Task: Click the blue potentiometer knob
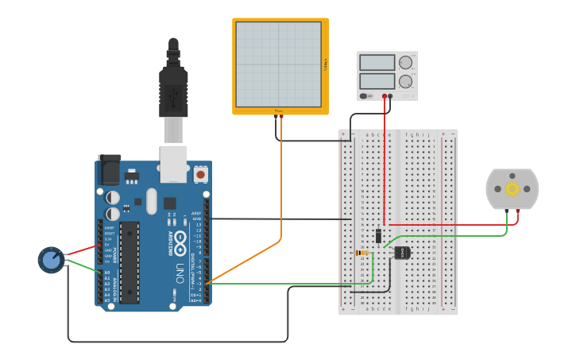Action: coord(51,260)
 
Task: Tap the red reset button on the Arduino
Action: coord(200,173)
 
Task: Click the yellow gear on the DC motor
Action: coord(512,188)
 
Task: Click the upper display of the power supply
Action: coord(377,63)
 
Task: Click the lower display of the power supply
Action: coord(377,81)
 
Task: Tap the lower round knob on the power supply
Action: coord(406,81)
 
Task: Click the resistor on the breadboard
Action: coord(361,253)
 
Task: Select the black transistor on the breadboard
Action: coord(402,252)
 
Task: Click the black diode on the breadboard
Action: coord(379,235)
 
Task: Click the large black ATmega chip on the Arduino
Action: coord(130,262)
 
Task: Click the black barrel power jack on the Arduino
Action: coord(109,169)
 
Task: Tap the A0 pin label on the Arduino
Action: coord(107,273)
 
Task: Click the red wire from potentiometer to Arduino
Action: coord(79,251)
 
